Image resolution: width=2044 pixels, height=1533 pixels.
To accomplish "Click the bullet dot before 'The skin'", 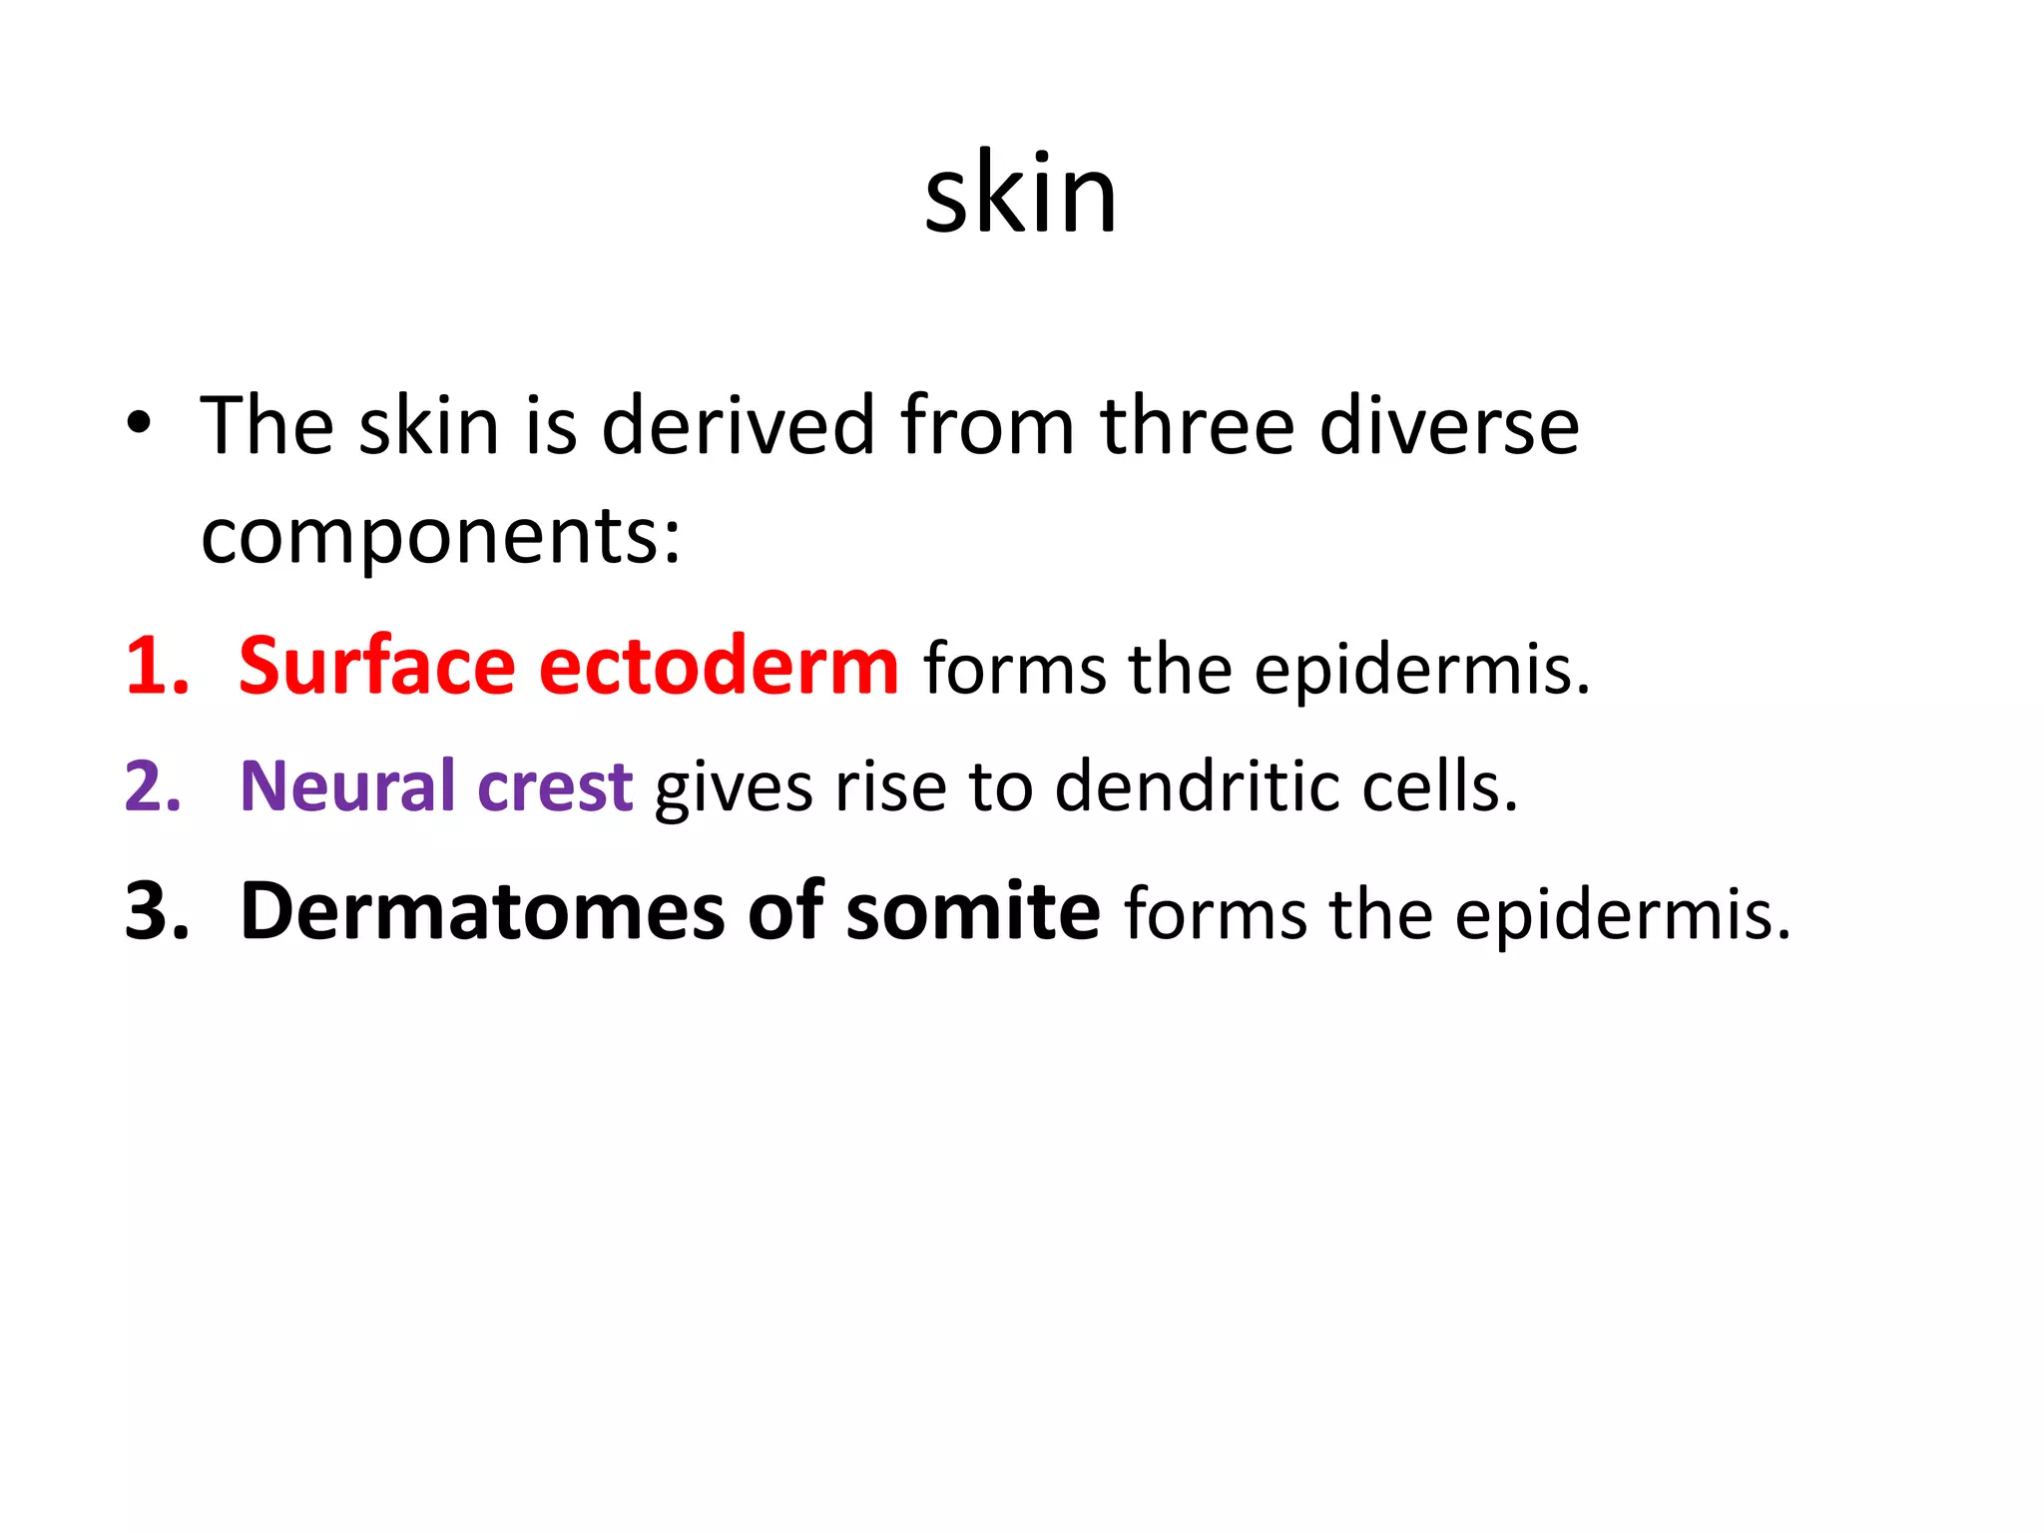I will click(139, 425).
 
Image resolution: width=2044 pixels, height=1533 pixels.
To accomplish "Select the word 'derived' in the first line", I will click(738, 426).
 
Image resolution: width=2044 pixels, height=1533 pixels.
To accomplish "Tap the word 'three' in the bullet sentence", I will click(1197, 426).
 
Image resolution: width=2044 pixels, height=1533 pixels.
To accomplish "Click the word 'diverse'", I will click(1449, 426).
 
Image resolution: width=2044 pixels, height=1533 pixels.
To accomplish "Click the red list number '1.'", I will click(157, 667).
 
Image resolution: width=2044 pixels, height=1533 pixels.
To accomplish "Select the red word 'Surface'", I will click(377, 667).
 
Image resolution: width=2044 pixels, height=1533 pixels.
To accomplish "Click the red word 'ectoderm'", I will click(719, 667).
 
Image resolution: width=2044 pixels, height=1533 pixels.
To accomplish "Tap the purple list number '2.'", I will click(154, 787).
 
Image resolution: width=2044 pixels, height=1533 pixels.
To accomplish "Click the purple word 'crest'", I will click(555, 787).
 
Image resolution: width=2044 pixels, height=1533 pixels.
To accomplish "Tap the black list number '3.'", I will click(157, 912).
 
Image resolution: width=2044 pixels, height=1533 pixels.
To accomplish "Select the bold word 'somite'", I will click(973, 912).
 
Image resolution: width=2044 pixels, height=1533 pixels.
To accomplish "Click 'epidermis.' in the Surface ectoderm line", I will click(1422, 669).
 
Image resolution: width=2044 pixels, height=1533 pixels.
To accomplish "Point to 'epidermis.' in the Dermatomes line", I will click(1623, 914).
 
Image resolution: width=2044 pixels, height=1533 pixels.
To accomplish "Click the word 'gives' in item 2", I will click(734, 789).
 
